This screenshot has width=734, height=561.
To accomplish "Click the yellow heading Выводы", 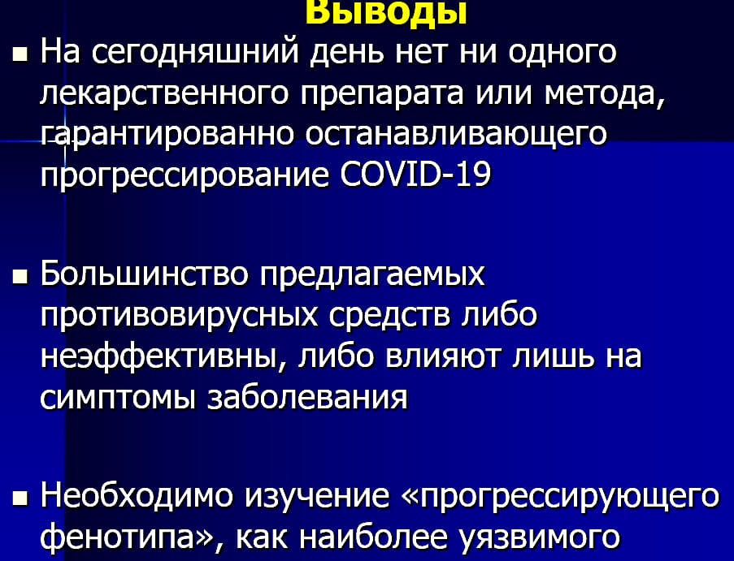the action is tap(386, 13).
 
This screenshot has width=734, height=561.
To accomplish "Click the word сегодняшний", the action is tap(195, 52).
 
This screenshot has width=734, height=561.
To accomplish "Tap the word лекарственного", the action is tap(164, 93).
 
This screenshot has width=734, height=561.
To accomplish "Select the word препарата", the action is tap(382, 95).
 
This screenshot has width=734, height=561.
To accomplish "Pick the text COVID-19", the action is tap(415, 175).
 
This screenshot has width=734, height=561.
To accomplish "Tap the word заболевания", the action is tap(307, 398).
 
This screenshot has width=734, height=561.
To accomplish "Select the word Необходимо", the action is tap(137, 495).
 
